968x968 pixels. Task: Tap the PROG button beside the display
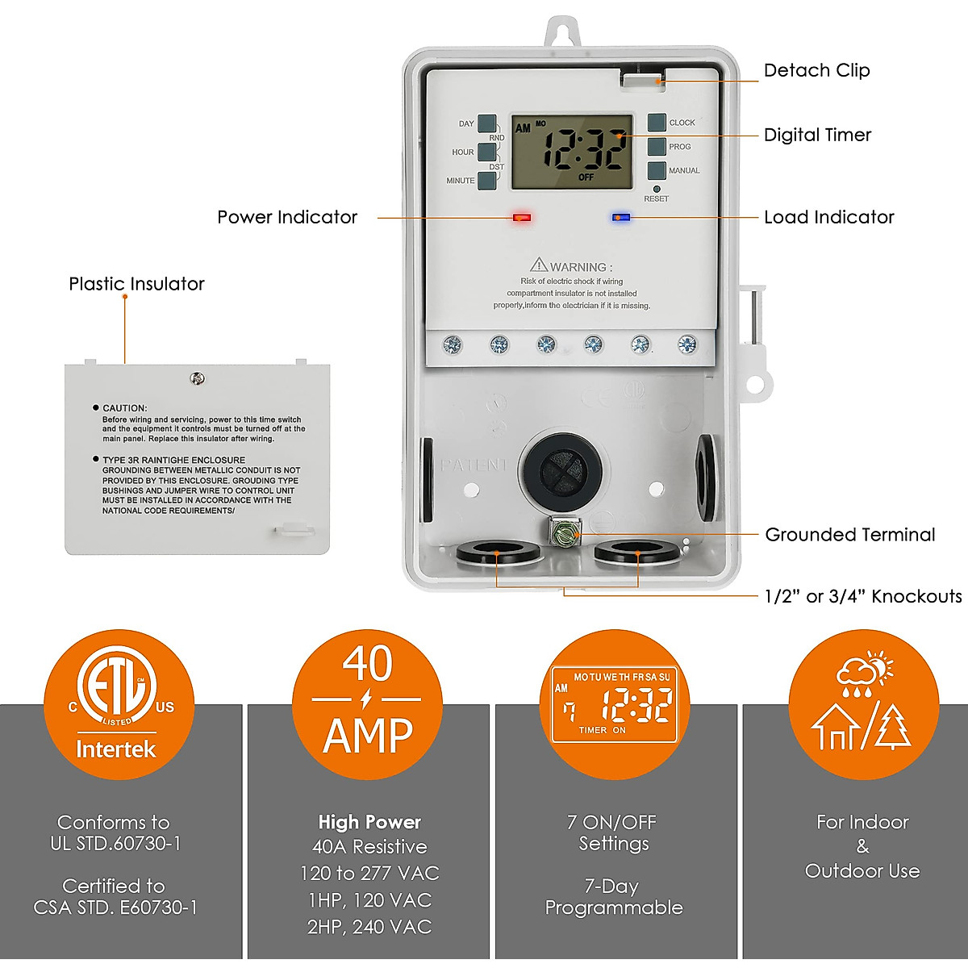point(657,146)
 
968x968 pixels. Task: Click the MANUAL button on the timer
point(657,170)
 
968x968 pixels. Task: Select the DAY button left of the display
point(486,123)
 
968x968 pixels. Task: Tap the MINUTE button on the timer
point(486,181)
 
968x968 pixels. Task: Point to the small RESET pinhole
point(657,189)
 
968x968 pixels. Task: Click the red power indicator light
point(522,217)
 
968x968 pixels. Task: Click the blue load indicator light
point(620,217)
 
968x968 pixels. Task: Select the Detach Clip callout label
point(816,70)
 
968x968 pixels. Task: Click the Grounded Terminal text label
point(849,535)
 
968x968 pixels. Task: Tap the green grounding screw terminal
point(564,532)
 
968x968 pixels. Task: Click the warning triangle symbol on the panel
point(538,265)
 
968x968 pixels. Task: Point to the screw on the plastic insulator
point(197,378)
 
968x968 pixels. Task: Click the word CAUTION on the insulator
point(125,408)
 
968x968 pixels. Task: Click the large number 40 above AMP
point(367,663)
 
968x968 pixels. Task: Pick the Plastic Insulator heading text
point(136,284)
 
